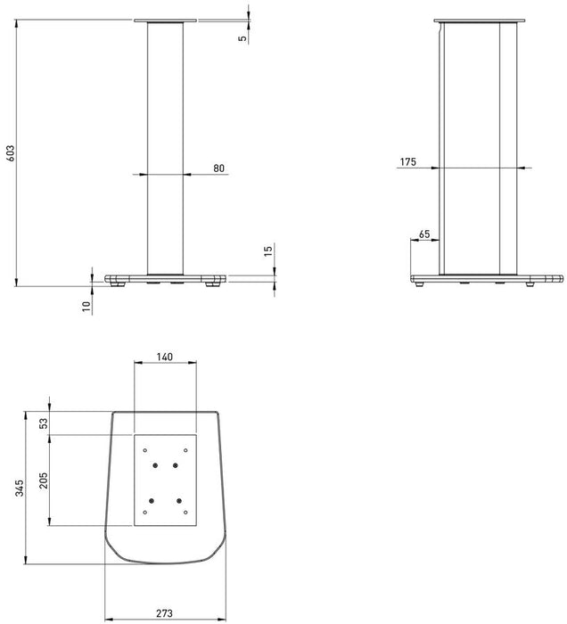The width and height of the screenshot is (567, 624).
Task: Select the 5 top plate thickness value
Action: (242, 39)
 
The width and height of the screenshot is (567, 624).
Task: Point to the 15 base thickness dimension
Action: (267, 252)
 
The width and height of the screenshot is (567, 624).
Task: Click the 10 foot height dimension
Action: (86, 305)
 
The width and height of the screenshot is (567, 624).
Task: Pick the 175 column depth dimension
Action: (408, 161)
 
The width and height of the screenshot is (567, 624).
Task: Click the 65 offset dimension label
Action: (423, 234)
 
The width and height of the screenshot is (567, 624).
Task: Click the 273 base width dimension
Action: (164, 612)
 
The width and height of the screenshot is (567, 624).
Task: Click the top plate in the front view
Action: (164, 21)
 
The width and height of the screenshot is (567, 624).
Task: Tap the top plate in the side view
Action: (478, 21)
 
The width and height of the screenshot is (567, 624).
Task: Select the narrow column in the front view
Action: (165, 147)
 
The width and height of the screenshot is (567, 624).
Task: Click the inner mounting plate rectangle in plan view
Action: (164, 480)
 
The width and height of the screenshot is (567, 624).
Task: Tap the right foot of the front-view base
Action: (213, 285)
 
